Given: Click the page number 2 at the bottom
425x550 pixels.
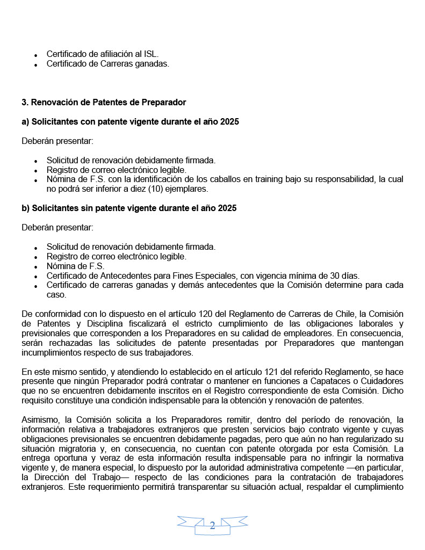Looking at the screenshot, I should click(212, 525).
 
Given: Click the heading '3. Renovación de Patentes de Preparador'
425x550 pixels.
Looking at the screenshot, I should click(104, 102).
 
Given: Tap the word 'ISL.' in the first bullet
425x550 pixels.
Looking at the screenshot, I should click(150, 54).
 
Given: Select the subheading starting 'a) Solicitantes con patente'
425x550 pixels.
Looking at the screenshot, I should click(130, 122).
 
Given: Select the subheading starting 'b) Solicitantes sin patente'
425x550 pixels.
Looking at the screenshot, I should click(129, 208).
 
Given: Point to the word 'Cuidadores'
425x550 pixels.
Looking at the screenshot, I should click(383, 381).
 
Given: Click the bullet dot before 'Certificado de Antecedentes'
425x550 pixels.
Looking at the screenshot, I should click(35, 276).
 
